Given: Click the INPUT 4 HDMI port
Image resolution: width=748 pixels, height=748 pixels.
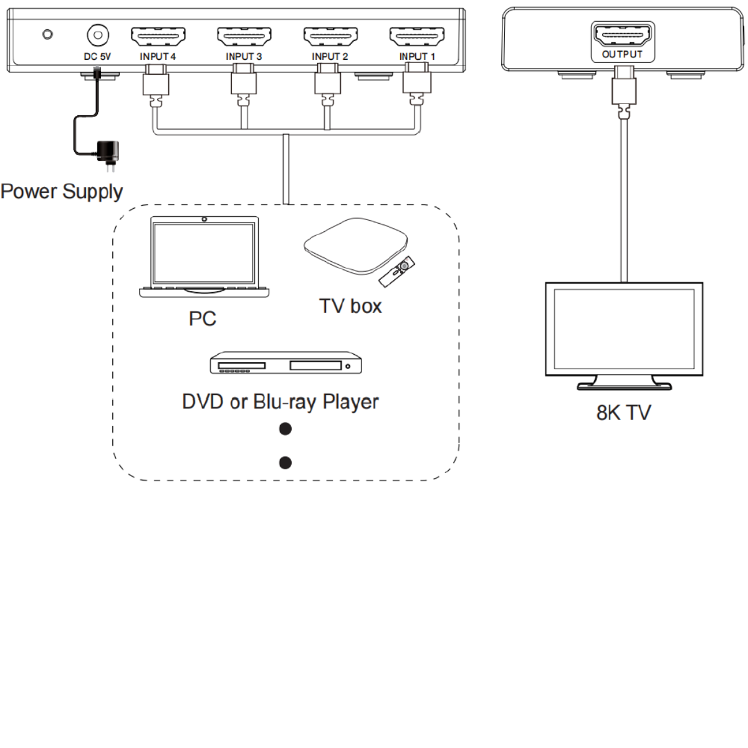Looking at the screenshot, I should point(158,37).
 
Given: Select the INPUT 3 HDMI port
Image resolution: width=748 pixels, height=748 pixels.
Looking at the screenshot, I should point(244,37).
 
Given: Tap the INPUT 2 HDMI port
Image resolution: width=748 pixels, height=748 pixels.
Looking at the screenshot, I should point(330,37).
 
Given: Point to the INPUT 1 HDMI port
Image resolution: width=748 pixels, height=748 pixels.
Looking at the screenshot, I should point(416,37).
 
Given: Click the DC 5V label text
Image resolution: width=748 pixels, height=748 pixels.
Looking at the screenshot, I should point(97,57).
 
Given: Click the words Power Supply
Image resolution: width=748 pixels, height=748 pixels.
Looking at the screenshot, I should point(62,191).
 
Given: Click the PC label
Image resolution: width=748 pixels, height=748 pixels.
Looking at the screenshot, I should point(202,319).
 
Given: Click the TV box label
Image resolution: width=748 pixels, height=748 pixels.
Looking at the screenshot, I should point(350,306).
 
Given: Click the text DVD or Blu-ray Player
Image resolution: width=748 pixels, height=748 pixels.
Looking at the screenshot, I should point(280,401).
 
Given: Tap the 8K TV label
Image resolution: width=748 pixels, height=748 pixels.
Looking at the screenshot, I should point(623,413).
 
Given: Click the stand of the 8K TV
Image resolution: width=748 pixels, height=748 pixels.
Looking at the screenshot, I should point(624,382).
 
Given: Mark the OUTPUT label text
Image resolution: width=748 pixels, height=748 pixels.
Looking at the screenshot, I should point(622,55).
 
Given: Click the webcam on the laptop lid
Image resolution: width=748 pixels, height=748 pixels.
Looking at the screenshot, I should point(204,219).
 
